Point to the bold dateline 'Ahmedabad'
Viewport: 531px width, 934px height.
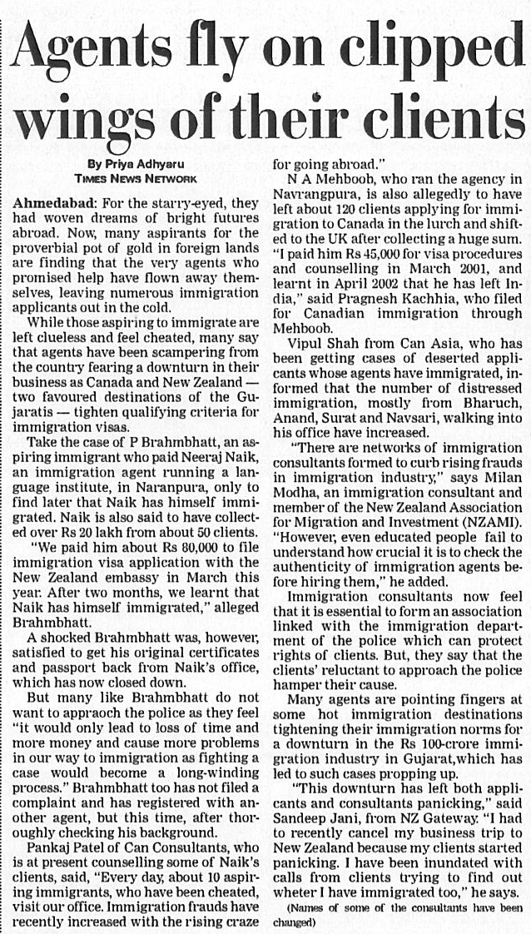[x=52, y=204]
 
